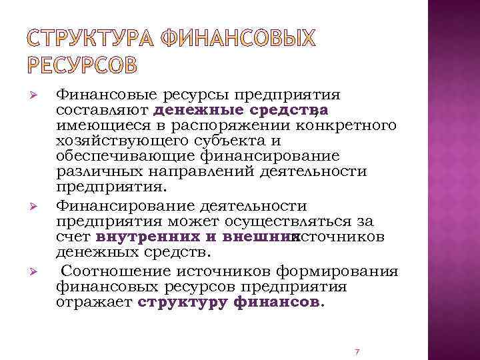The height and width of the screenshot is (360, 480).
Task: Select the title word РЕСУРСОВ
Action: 83,65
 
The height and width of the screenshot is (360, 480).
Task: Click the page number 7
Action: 357,351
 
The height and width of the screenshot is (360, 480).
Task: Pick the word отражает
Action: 95,303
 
